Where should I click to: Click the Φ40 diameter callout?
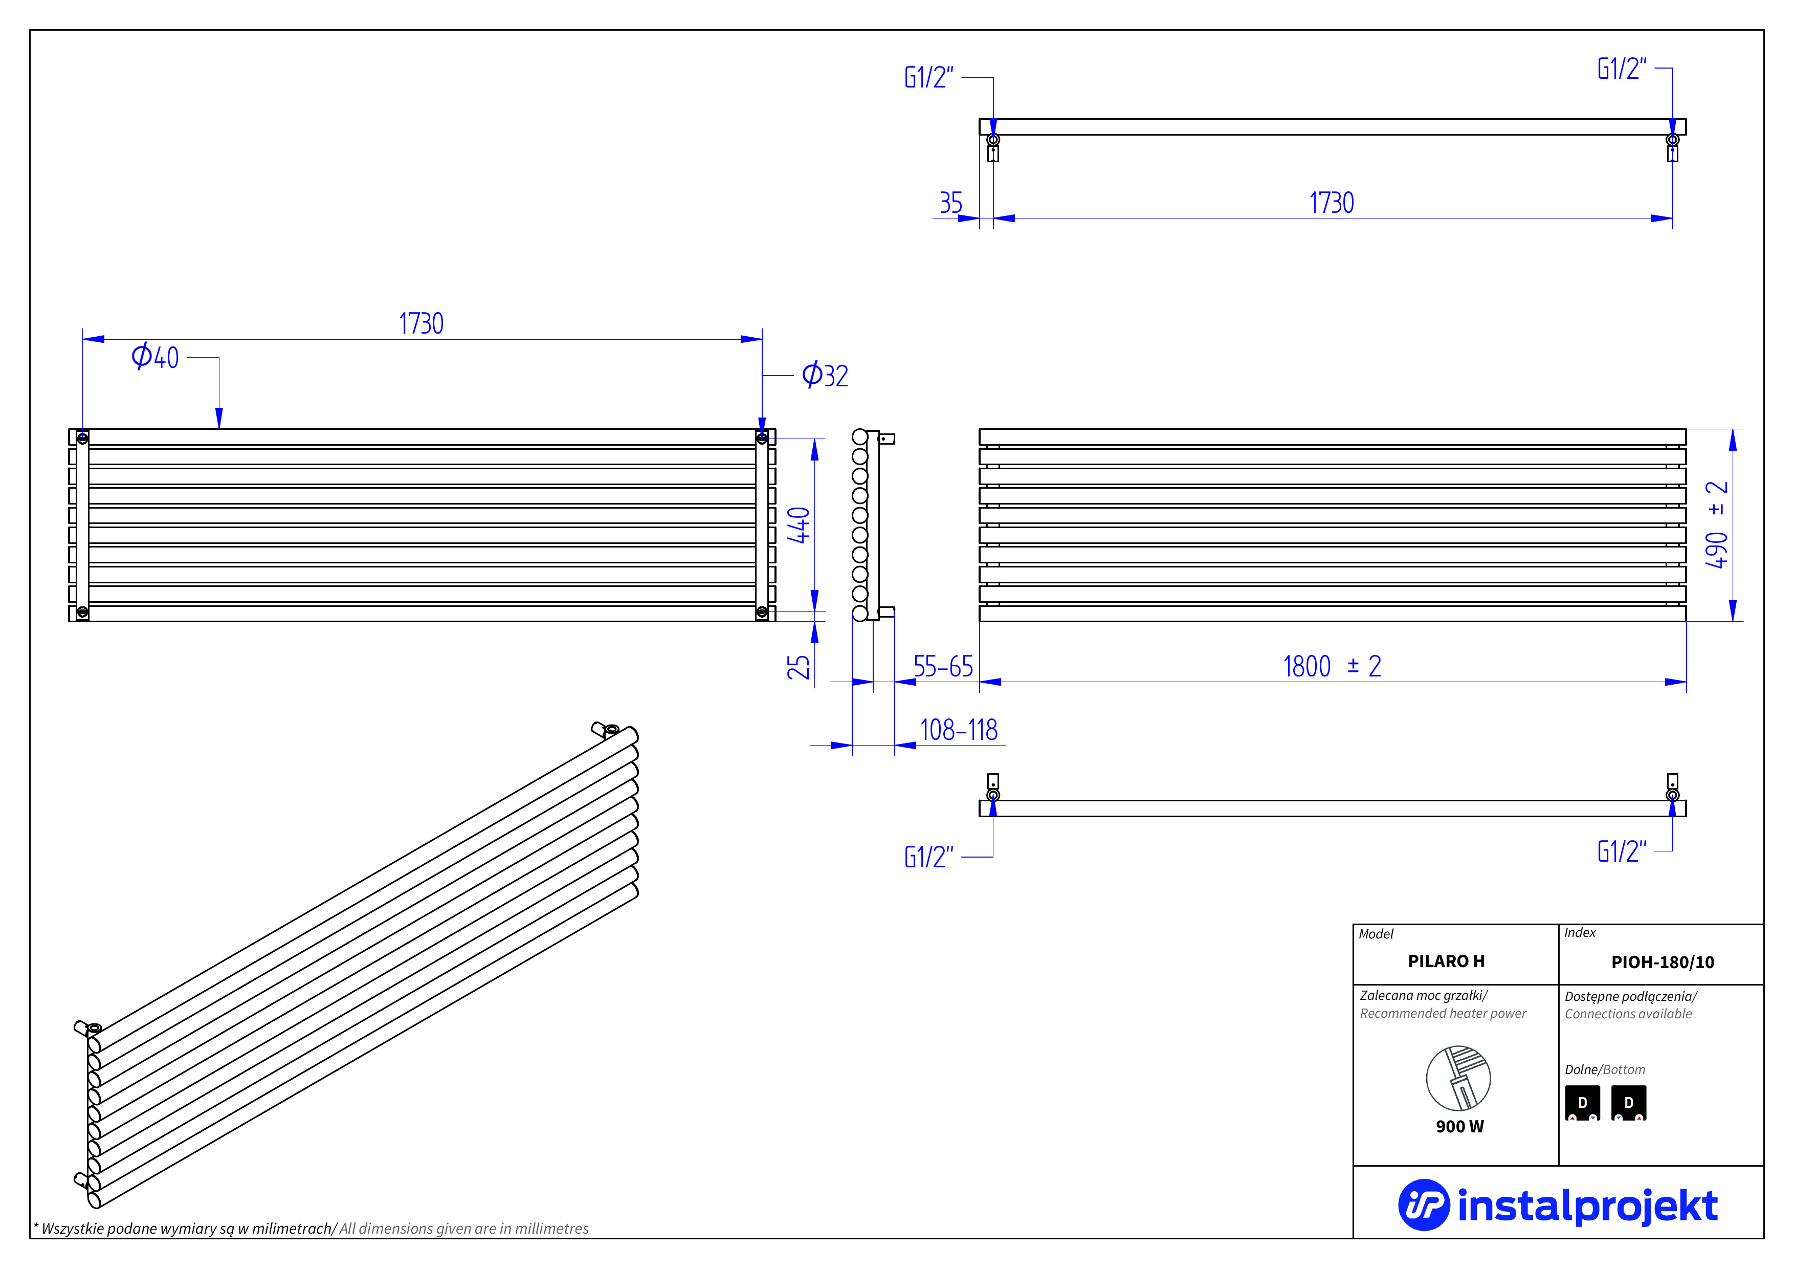coord(155,357)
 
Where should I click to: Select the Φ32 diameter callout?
coord(825,375)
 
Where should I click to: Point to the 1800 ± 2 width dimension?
coord(1332,666)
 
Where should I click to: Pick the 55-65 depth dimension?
coord(943,667)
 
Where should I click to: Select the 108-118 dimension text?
coord(959,730)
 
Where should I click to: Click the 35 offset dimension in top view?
coord(950,203)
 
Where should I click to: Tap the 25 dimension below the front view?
coord(798,667)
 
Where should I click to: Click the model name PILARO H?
coord(1446,961)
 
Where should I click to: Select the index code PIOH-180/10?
coord(1662,961)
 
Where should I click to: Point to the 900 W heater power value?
coord(1459,1126)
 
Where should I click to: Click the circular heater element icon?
coord(1458,1078)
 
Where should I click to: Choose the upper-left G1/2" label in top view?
coord(929,77)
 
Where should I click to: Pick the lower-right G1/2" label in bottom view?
coord(1622,851)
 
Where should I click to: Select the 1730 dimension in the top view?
coord(1332,203)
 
